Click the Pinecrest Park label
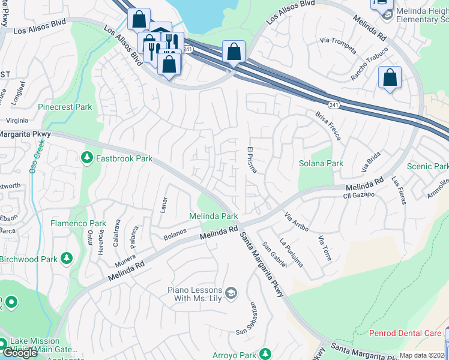pos(65,107)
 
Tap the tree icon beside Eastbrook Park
pos(87,158)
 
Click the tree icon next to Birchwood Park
pos(67,259)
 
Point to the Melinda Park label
pos(214,216)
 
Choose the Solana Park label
pos(321,163)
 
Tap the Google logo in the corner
pos(20,352)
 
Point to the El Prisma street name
pos(251,160)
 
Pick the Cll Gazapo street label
pos(358,196)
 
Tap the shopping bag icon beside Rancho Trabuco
pos(390,78)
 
